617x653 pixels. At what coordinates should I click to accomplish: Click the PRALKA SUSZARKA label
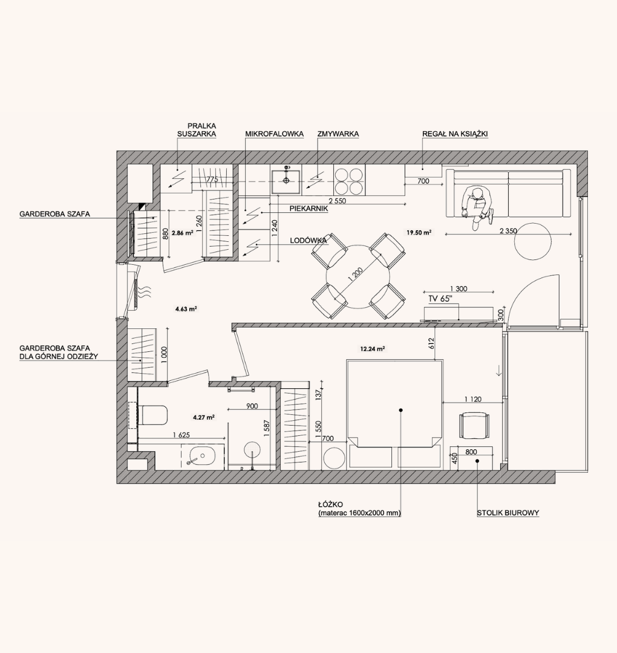click(197, 130)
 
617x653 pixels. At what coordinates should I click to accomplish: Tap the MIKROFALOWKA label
click(274, 134)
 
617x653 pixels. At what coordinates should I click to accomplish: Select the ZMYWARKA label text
click(338, 134)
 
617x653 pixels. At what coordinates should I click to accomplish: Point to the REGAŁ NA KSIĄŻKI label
click(455, 134)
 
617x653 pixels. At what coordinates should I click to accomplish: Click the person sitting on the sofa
click(478, 207)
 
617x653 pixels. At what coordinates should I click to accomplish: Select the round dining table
click(358, 276)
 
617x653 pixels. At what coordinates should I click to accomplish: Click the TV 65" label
click(440, 299)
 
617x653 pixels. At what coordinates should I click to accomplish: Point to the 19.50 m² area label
click(419, 233)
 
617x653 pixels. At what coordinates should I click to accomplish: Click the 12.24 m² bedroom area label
click(372, 349)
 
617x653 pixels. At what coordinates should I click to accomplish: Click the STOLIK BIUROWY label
click(508, 513)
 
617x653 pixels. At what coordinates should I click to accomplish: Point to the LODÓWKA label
click(308, 241)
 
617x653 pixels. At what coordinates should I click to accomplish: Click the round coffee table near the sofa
click(533, 241)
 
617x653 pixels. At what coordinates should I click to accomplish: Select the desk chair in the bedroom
click(474, 425)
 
